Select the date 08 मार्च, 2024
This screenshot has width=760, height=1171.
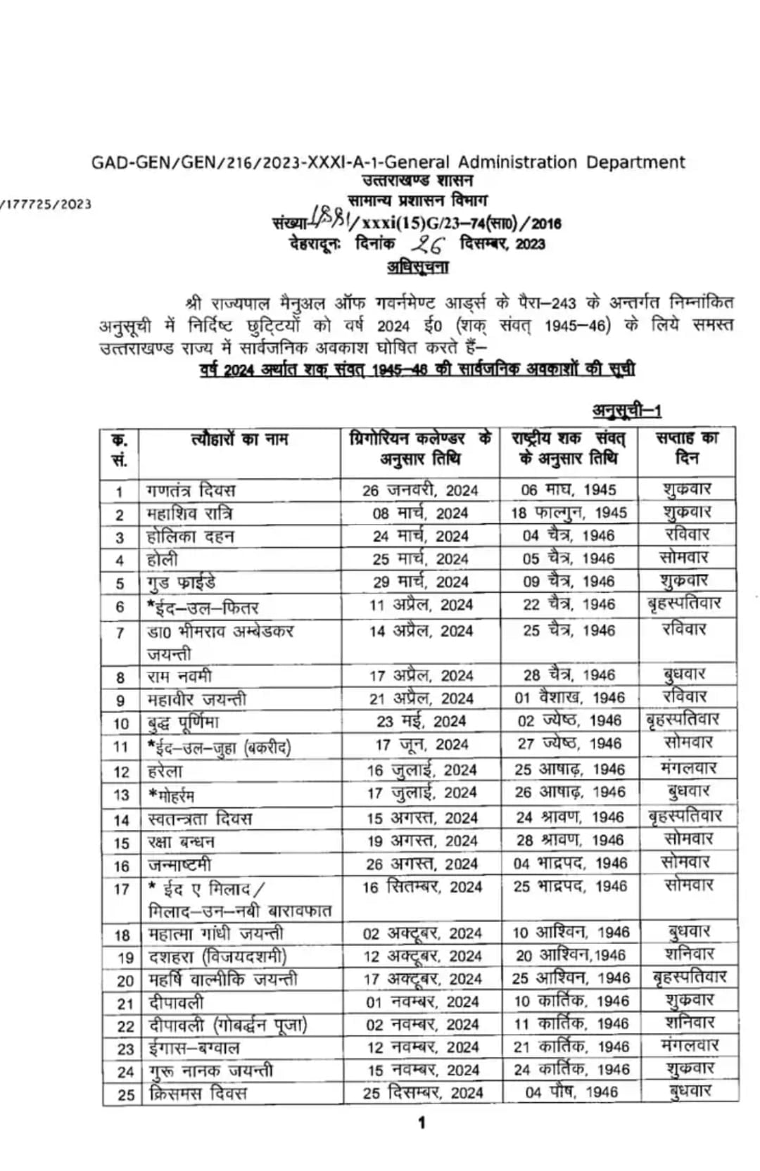pyautogui.click(x=420, y=513)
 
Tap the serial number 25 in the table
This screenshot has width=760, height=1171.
pyautogui.click(x=125, y=1094)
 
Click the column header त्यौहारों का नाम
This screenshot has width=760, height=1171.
pyautogui.click(x=239, y=440)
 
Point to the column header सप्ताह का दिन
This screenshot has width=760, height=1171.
pyautogui.click(x=687, y=447)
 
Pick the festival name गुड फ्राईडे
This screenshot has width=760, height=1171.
pyautogui.click(x=181, y=582)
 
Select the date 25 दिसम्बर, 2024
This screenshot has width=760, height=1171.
pyautogui.click(x=423, y=1093)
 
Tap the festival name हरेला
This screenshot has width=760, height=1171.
pyautogui.click(x=165, y=771)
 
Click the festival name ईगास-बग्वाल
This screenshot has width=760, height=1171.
pyautogui.click(x=194, y=1048)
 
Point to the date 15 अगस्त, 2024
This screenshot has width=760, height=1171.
pyautogui.click(x=422, y=818)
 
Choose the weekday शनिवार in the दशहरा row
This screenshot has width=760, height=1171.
pyautogui.click(x=689, y=954)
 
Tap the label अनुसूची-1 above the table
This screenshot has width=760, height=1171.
pyautogui.click(x=626, y=410)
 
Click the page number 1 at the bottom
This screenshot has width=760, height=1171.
pyautogui.click(x=422, y=1122)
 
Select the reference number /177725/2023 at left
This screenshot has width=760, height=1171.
pyautogui.click(x=46, y=204)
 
